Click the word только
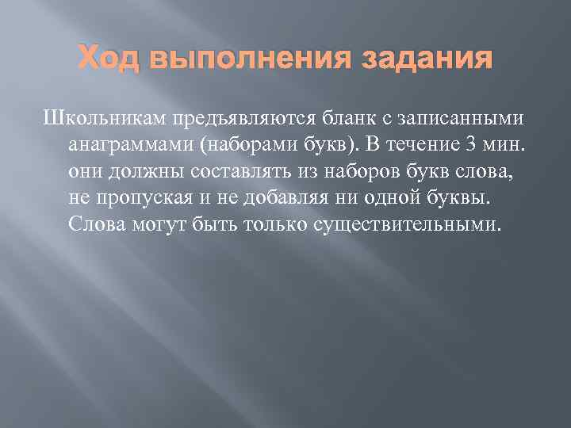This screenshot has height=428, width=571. coord(272,224)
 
